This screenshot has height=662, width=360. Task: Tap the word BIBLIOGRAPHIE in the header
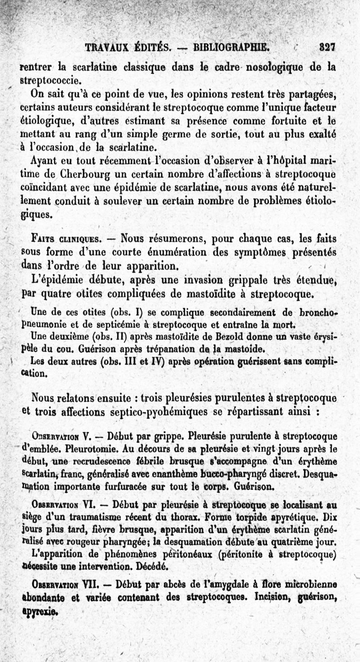[x=231, y=47]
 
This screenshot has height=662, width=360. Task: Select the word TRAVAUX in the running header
[x=107, y=47]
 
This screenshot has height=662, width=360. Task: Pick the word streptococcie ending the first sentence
[x=51, y=81]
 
